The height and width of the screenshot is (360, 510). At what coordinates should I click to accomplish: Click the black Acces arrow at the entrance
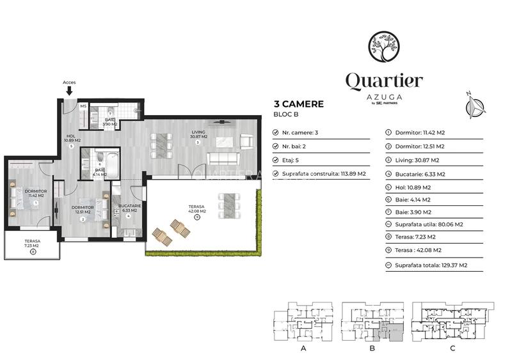point(69,91)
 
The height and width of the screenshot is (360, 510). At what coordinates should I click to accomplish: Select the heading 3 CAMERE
point(298,104)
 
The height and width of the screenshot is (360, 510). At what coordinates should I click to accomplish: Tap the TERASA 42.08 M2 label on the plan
point(196,210)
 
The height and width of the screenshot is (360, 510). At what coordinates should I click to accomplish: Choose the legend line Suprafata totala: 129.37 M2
point(431,264)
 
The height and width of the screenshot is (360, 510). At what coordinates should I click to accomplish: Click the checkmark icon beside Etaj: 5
point(276,160)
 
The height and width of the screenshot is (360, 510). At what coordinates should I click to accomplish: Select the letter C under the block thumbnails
point(452,349)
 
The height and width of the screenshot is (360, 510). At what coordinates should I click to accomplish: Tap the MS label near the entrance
point(83,106)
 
